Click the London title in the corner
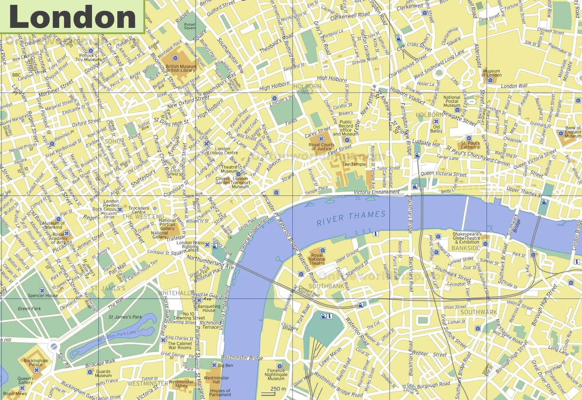(72, 16)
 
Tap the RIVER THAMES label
(351, 218)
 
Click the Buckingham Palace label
(36, 362)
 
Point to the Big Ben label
(225, 365)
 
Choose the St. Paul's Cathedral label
(470, 145)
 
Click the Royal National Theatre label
(317, 259)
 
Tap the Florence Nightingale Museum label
(276, 374)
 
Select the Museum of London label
(491, 73)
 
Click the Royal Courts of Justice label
(321, 146)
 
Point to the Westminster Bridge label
(242, 358)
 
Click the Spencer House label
(43, 296)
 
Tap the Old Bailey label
(436, 129)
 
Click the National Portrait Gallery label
(167, 225)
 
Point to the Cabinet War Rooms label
(179, 345)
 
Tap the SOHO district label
(112, 141)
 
